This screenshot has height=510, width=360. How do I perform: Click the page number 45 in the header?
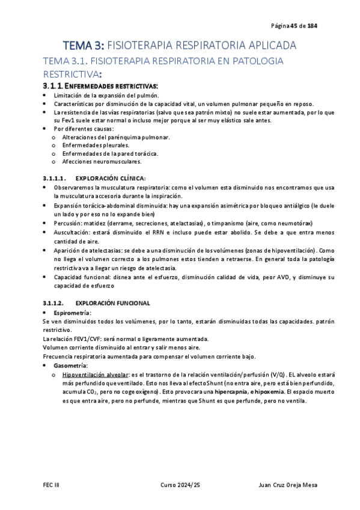tap(294, 26)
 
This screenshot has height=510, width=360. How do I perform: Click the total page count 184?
tap(313, 26)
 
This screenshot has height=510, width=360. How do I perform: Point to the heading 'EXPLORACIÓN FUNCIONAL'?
tap(113, 303)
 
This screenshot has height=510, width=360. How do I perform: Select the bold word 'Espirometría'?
tap(72, 313)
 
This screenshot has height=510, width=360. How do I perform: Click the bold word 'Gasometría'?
tap(70, 366)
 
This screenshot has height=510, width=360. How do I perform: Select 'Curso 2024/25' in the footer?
tap(180, 485)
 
